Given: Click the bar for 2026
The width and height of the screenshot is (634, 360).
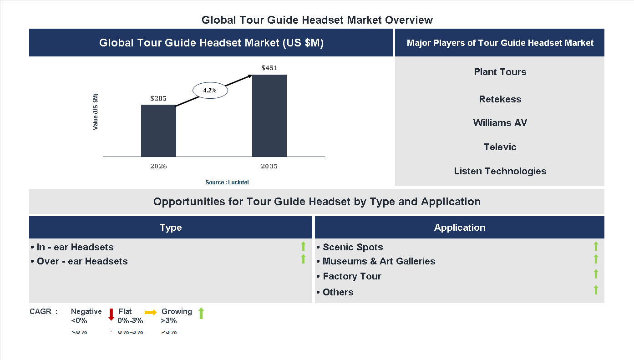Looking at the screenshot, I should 158,131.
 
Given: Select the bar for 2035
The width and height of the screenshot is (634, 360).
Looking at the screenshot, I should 269,116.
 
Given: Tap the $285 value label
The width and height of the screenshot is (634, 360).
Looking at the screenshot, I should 158,98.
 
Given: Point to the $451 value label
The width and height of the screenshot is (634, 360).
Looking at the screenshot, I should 269,68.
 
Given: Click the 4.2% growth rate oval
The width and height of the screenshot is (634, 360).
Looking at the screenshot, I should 210,90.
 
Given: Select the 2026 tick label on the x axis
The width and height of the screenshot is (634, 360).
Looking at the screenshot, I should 158,166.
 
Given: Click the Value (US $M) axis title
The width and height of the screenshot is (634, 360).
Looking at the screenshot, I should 96,112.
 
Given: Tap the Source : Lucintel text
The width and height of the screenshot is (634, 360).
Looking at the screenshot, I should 227,182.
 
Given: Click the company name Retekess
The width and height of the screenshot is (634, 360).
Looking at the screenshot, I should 500,99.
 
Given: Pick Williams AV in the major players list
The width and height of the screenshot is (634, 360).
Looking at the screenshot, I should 500,123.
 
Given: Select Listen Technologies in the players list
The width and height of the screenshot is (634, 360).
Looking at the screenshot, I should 500,171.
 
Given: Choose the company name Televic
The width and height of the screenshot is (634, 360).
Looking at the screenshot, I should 500,147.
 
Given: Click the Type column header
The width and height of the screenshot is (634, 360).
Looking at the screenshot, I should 171,228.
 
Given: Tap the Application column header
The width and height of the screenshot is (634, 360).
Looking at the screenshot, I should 459,228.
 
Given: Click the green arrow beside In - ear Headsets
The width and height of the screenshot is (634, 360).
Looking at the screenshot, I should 303,247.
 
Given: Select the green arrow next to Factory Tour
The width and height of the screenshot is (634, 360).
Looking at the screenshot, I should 596,274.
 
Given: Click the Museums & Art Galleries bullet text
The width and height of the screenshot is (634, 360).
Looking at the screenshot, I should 379,261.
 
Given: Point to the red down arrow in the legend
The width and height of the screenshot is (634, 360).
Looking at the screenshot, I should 111,314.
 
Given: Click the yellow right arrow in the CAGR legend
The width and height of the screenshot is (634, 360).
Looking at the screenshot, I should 151,312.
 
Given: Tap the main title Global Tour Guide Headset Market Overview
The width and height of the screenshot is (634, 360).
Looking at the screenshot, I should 317,20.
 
